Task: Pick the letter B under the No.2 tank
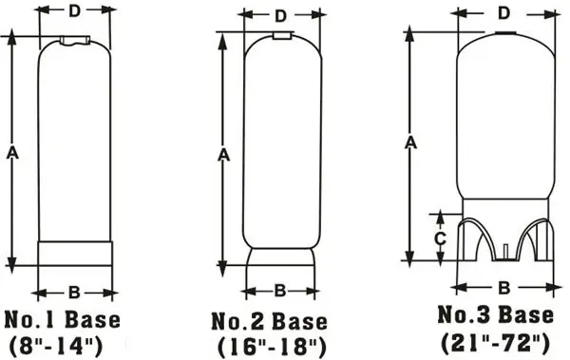click(x=280, y=291)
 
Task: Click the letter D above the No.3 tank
click(x=504, y=12)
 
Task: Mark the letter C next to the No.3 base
click(x=439, y=238)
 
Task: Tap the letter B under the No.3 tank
click(x=504, y=286)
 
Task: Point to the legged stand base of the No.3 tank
click(x=504, y=237)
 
